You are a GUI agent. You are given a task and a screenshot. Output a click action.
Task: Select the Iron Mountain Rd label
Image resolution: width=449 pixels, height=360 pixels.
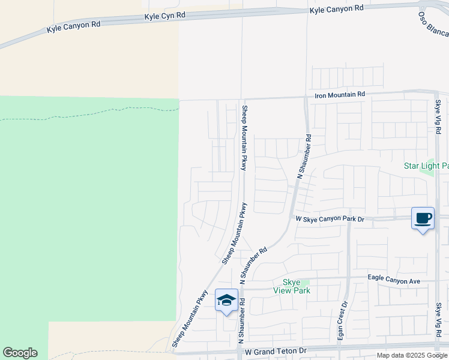point(340,95)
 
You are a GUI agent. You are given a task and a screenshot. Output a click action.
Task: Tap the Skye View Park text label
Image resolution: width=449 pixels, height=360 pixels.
point(292,286)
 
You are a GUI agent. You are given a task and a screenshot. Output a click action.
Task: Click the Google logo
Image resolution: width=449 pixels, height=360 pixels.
point(20,353)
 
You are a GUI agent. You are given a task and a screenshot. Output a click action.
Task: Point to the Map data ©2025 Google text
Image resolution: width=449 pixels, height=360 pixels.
point(412,355)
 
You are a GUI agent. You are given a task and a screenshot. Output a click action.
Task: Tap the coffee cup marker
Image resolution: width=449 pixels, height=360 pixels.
point(423,218)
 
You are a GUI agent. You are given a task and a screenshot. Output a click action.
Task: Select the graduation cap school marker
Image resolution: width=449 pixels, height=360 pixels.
point(226,301)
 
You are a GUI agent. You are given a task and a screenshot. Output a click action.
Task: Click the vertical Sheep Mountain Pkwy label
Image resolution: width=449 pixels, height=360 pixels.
point(244,137)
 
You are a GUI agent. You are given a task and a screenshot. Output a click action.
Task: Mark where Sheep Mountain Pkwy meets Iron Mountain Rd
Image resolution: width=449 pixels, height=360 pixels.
point(242,99)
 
